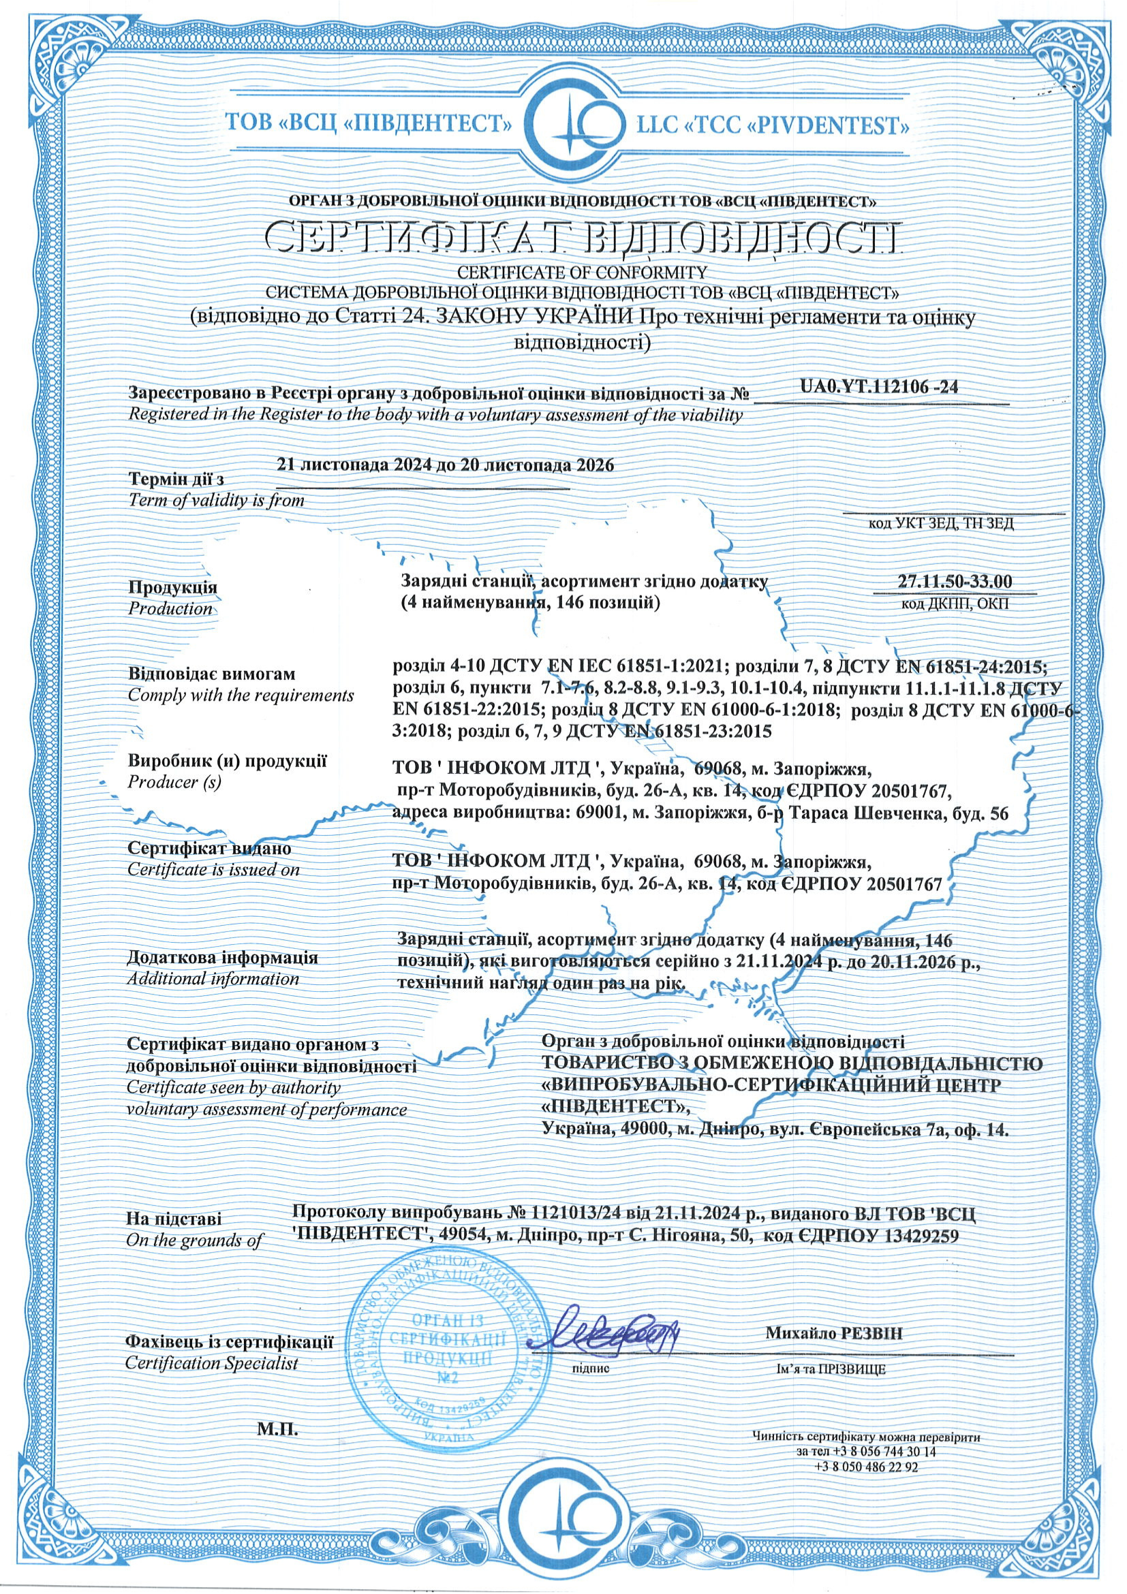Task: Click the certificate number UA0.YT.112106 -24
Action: coord(879,388)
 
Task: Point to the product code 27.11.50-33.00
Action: coord(954,581)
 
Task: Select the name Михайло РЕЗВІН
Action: coord(834,1332)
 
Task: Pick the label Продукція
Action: coord(173,587)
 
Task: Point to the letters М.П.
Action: coord(277,1429)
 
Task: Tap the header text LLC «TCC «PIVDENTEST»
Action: coord(773,125)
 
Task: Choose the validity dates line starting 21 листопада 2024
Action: coord(445,465)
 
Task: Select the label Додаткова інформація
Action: coord(222,957)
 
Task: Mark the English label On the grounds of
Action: coord(194,1240)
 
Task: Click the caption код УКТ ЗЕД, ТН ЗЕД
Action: coord(941,523)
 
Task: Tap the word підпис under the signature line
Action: coord(590,1369)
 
